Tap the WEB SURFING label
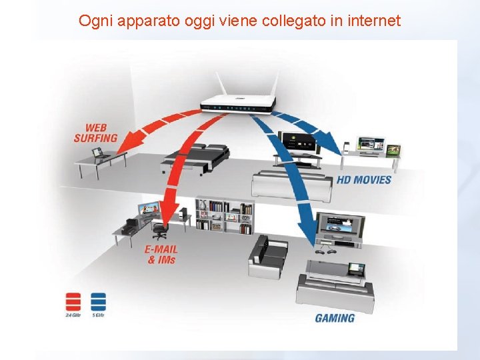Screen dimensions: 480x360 (95, 133)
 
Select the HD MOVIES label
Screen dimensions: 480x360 (363, 180)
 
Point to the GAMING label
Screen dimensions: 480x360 (335, 318)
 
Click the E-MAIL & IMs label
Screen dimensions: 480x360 (161, 254)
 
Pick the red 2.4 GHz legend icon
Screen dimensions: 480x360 (73, 302)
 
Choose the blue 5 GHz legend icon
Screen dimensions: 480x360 (99, 302)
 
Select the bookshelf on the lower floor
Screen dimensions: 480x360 (225, 215)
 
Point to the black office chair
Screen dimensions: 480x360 (159, 230)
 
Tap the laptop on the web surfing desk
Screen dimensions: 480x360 (98, 153)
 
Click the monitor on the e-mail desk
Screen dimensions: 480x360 (148, 209)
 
